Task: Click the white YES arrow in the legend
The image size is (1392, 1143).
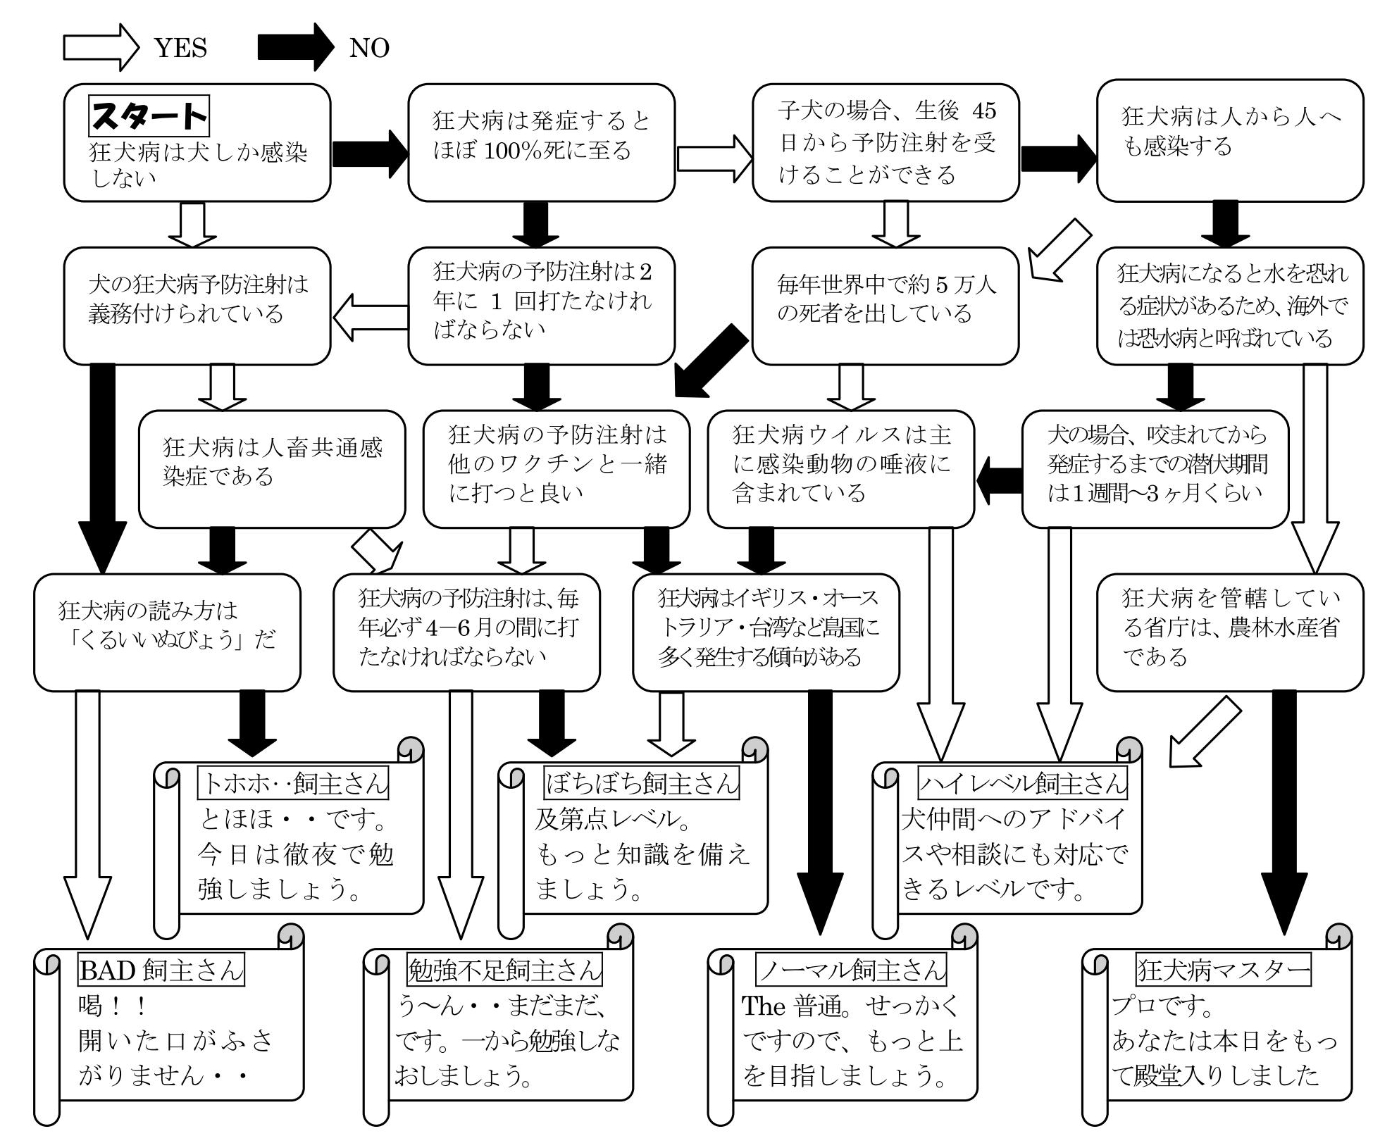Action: point(101,48)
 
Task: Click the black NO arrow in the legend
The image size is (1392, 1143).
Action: point(296,48)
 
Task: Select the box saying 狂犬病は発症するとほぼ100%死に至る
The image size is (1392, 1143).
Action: point(541,143)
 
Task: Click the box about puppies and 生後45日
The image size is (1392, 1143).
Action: point(885,143)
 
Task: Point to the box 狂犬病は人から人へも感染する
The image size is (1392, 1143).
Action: point(1230,141)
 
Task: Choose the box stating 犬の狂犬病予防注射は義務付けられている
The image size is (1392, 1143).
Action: point(197,306)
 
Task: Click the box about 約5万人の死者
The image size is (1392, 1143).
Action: point(885,306)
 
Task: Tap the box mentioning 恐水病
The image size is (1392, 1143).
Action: point(1230,306)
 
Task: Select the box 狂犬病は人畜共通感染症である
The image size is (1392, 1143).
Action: point(272,469)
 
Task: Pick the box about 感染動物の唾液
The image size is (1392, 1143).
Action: point(841,469)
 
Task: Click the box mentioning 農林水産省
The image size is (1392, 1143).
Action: point(1230,632)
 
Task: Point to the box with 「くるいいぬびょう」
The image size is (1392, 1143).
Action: point(167,632)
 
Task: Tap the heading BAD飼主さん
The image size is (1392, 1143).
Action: point(161,970)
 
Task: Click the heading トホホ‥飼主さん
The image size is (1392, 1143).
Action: point(294,783)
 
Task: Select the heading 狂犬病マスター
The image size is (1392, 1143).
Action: point(1224,970)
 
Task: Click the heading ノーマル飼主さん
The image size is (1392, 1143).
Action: point(851,970)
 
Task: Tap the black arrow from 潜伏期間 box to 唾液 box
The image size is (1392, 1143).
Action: point(999,481)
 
